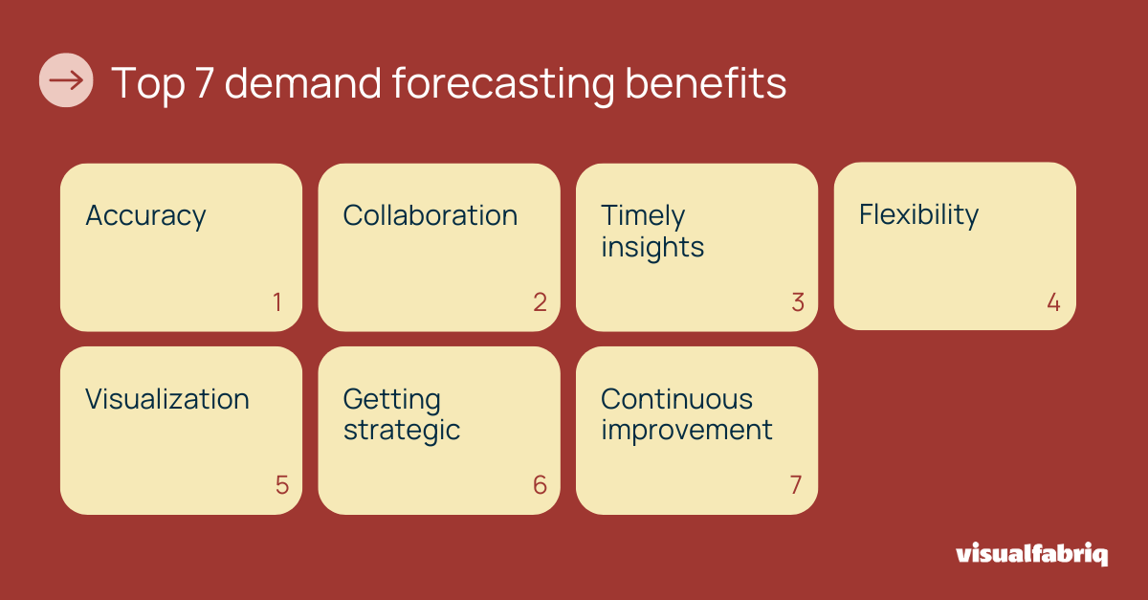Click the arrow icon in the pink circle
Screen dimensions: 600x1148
click(66, 80)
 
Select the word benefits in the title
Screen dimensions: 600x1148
click(706, 83)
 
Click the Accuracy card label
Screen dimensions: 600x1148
click(145, 216)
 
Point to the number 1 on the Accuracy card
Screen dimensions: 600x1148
click(277, 302)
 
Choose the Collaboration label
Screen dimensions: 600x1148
click(430, 215)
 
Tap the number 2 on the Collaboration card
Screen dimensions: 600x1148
click(540, 302)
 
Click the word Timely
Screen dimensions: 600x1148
click(643, 216)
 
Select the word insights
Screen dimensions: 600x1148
click(652, 247)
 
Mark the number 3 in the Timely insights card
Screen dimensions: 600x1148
click(798, 302)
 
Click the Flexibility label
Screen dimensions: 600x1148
click(918, 215)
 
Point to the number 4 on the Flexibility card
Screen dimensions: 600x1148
click(1053, 302)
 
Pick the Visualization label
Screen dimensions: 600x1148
click(166, 399)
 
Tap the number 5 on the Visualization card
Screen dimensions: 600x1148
click(281, 485)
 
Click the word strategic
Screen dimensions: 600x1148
click(402, 431)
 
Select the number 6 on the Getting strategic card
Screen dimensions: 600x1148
click(540, 485)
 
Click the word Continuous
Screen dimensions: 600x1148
click(676, 399)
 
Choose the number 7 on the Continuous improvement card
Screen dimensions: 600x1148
click(796, 485)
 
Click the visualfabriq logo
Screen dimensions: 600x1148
click(1031, 554)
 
